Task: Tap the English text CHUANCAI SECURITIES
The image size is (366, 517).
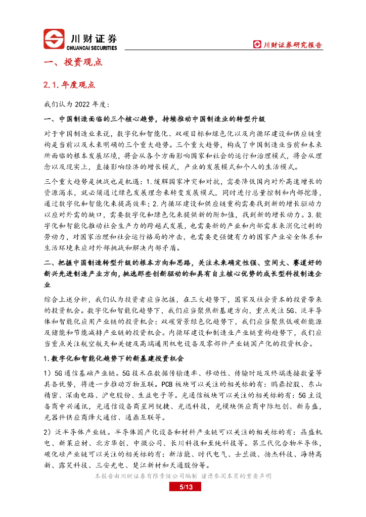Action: click(91, 48)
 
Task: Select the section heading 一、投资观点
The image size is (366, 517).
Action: click(73, 63)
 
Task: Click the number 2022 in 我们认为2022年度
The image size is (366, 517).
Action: click(82, 105)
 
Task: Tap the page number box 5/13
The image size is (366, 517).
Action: click(182, 487)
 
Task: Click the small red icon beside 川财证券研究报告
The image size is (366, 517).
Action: click(257, 45)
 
